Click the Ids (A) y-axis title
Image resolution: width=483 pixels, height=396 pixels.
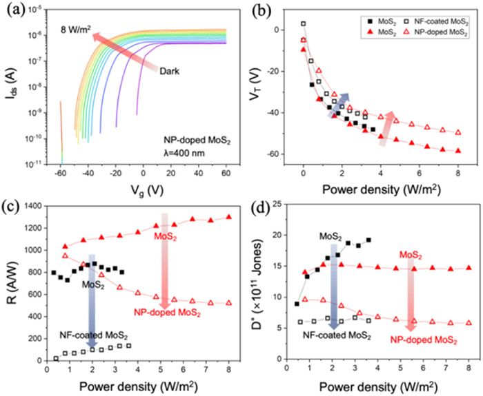tap(11, 86)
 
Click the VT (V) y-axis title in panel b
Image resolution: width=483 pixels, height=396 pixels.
tap(264, 86)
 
